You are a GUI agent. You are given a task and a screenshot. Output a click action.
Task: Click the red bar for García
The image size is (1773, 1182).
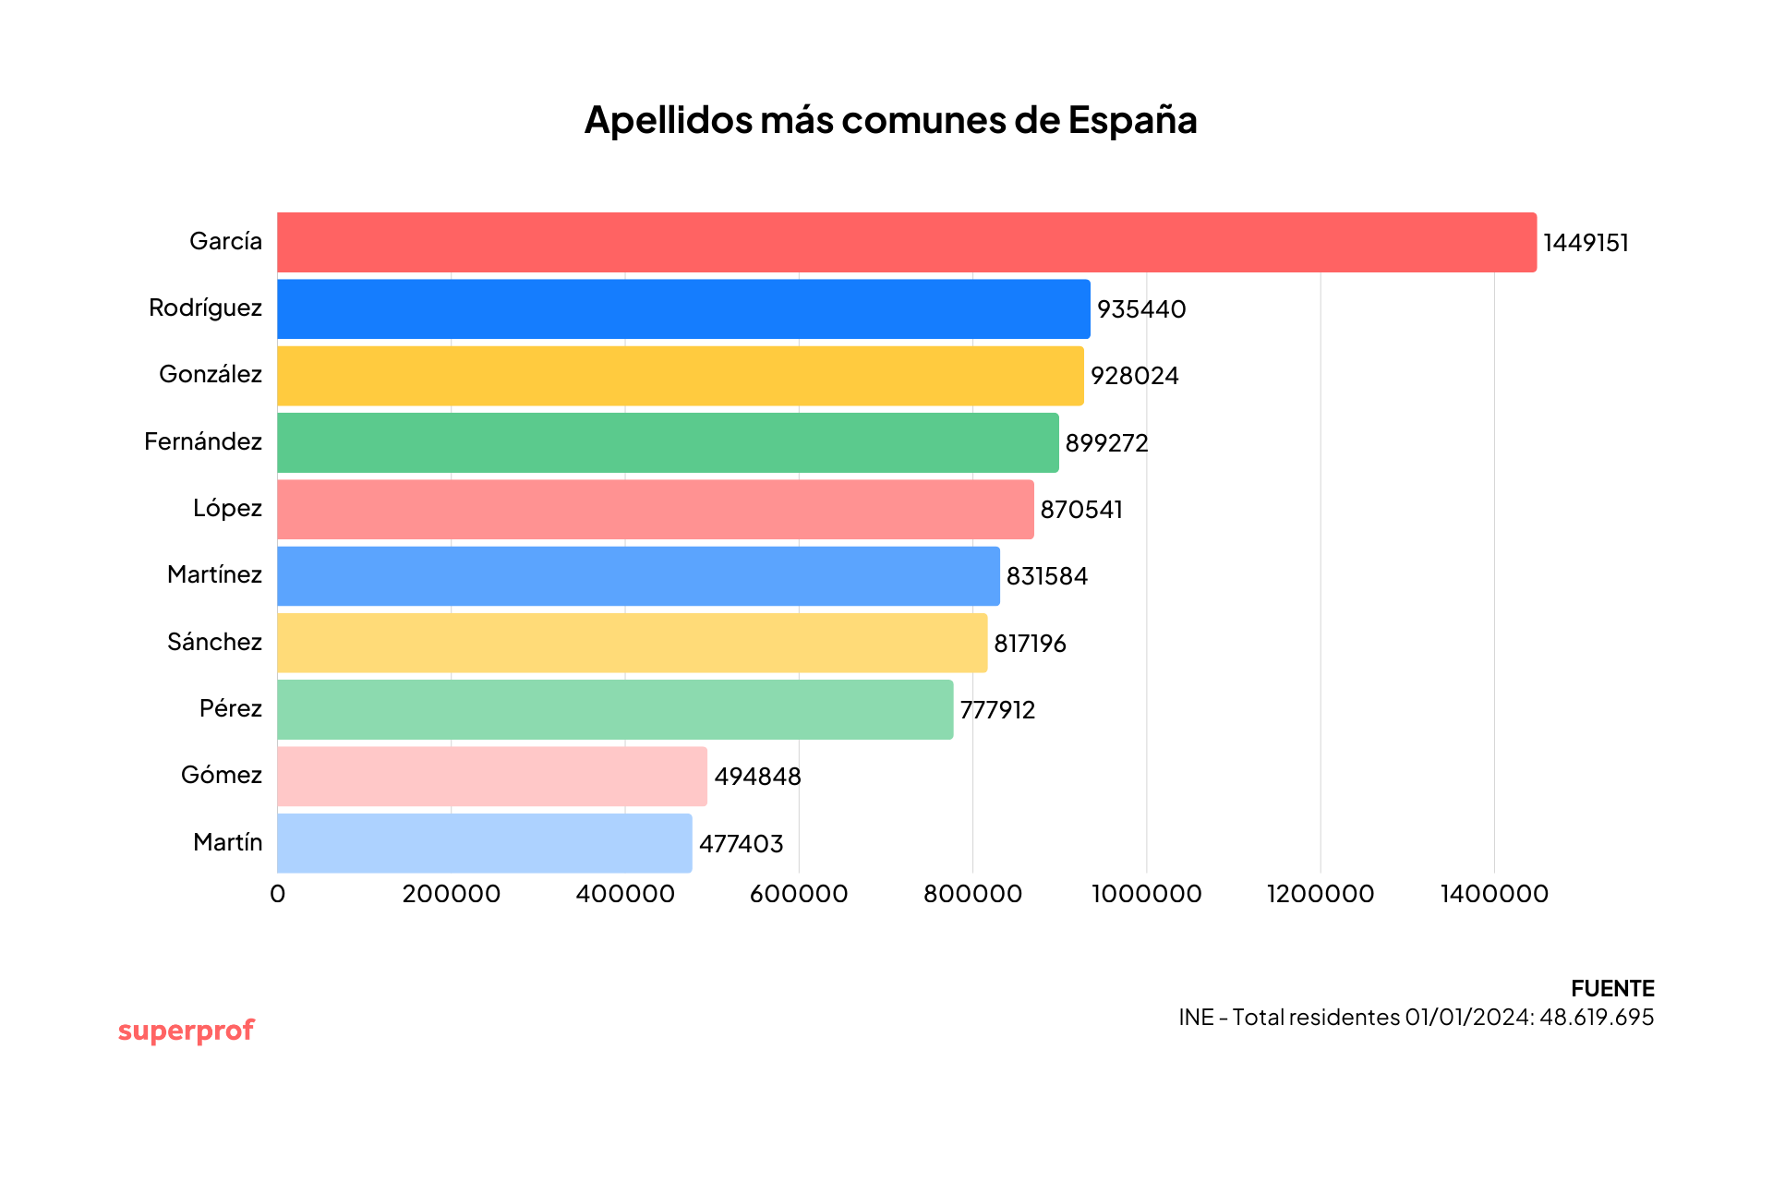tap(905, 242)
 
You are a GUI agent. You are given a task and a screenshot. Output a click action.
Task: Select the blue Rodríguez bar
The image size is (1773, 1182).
tap(683, 308)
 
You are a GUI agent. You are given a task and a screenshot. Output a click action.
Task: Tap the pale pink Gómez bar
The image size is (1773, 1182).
tap(491, 776)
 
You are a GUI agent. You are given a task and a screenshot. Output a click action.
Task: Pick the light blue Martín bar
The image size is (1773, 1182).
tap(484, 842)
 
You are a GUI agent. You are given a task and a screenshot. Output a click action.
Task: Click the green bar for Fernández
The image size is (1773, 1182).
tap(667, 442)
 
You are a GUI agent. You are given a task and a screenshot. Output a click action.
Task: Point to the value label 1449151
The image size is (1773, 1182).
tap(1586, 243)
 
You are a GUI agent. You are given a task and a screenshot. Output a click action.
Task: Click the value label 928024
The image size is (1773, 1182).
tap(1134, 376)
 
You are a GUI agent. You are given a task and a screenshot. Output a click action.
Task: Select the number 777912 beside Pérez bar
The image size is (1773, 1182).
tap(997, 710)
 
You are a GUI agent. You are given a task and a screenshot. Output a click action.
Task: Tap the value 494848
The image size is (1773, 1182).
tap(757, 777)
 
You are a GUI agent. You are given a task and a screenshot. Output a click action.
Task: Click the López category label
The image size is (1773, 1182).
tap(227, 508)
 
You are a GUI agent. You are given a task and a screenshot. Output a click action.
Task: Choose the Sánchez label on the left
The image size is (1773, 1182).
tap(214, 642)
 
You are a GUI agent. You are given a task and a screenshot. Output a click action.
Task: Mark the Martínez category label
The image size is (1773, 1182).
tap(214, 574)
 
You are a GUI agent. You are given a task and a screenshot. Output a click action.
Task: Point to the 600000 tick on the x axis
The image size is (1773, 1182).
tap(799, 894)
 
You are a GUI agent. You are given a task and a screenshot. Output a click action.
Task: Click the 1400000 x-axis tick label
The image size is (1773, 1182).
tap(1494, 894)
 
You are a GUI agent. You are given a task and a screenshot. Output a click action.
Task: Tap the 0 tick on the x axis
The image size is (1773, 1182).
tap(277, 894)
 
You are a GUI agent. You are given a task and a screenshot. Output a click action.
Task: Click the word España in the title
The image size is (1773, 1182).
tap(1132, 120)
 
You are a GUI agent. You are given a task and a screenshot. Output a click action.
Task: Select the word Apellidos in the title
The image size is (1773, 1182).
tap(668, 120)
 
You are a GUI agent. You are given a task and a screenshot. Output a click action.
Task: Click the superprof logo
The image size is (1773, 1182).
tap(186, 1031)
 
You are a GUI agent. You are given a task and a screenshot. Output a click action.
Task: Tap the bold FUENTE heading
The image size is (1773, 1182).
tap(1612, 988)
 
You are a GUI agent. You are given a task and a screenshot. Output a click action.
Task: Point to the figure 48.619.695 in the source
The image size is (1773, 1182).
tap(1597, 1017)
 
